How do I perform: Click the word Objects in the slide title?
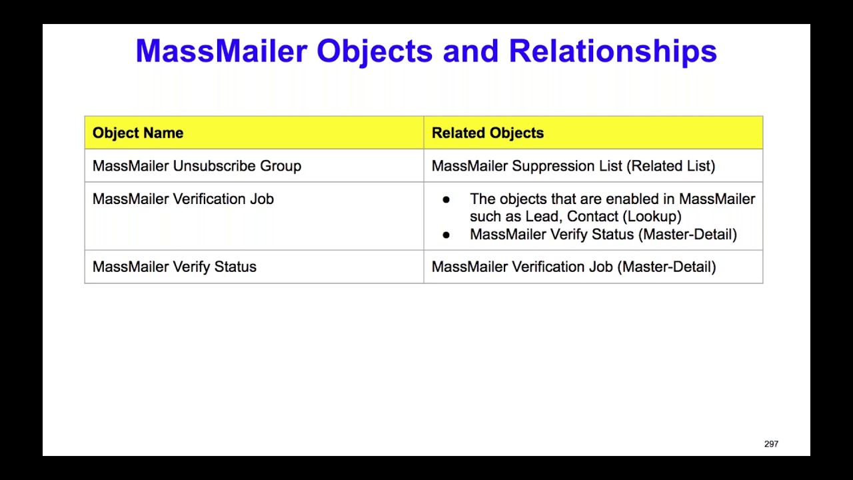coord(375,52)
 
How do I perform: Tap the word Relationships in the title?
coord(612,52)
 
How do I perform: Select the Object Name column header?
coord(138,133)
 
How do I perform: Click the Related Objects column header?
coord(488,133)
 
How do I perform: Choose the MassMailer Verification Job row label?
coord(183,199)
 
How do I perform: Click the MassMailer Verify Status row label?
coord(175,267)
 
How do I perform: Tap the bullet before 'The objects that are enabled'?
coord(446,199)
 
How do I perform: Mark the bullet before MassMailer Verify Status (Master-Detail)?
coord(446,235)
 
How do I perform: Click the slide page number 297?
coord(771,444)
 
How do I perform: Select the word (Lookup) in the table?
coord(652,217)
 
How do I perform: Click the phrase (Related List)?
coord(670,166)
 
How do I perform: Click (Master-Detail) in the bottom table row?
coord(666,267)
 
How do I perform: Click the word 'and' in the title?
coord(470,51)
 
